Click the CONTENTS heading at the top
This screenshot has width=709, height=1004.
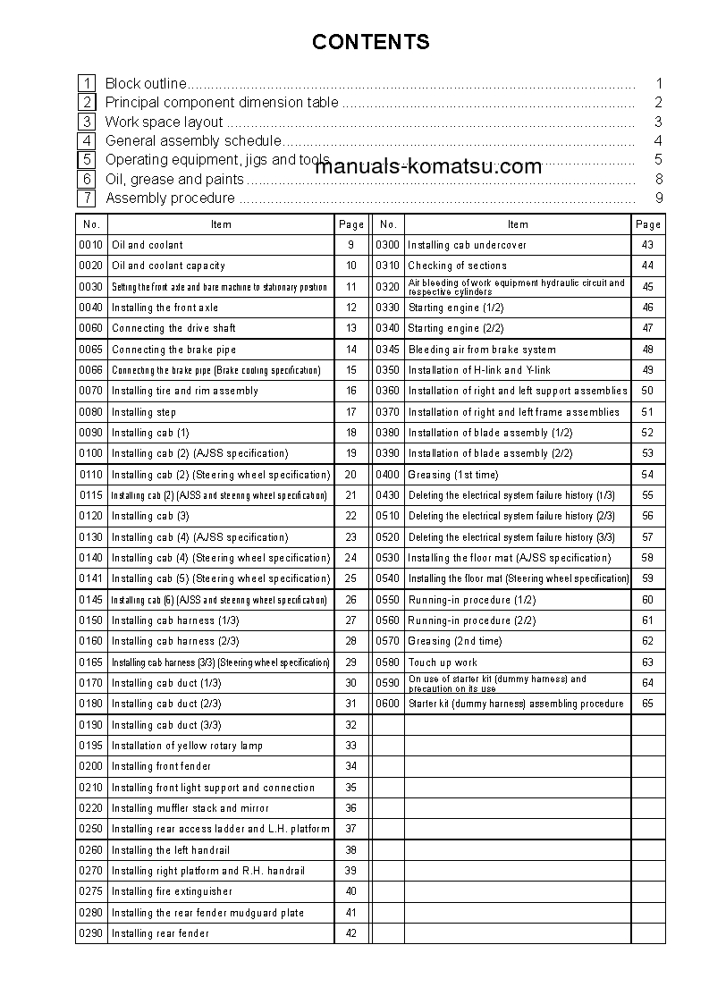(x=370, y=42)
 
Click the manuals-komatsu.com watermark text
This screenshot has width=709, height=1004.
(x=428, y=166)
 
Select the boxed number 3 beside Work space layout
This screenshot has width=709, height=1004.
(x=86, y=122)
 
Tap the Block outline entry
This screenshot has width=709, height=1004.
(x=146, y=83)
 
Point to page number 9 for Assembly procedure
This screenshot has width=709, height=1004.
(x=658, y=198)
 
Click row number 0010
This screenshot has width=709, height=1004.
(x=91, y=245)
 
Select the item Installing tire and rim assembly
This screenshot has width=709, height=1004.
(x=184, y=391)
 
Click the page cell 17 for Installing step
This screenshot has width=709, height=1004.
(x=350, y=412)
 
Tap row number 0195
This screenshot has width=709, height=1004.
(x=91, y=746)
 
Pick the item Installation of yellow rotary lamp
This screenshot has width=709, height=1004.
(x=187, y=746)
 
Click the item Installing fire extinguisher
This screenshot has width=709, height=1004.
(x=172, y=891)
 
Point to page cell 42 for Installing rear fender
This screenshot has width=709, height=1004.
(x=350, y=933)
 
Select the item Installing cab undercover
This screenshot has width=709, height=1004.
(x=467, y=245)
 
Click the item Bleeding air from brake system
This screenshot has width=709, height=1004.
(x=481, y=350)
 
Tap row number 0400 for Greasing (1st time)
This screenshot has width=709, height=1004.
(x=387, y=475)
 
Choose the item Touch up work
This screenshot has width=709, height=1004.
(x=443, y=662)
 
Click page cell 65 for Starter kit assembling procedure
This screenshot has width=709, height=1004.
(x=648, y=704)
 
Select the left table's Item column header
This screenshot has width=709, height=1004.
(x=221, y=224)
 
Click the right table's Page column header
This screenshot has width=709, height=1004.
(x=648, y=224)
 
